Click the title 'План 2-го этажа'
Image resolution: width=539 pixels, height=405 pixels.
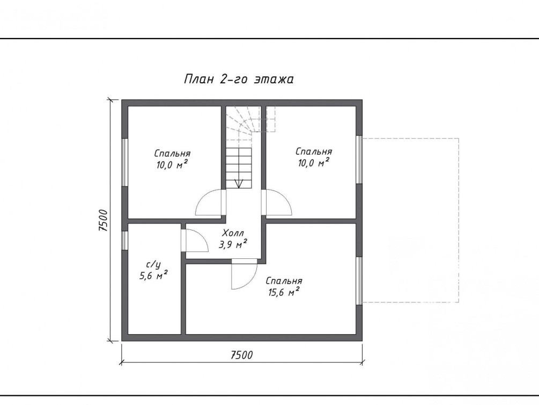(239, 79)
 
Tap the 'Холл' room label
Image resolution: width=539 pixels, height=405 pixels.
(233, 233)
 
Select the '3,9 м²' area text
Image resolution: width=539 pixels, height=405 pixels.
(233, 244)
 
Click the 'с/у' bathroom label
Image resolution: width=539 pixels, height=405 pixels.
(154, 265)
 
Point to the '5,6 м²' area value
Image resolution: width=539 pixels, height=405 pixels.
(154, 275)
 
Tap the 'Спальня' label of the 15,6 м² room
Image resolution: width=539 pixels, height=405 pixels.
(284, 281)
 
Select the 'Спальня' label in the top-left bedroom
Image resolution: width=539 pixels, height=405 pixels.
(172, 153)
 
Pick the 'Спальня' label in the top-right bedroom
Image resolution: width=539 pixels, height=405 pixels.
(314, 151)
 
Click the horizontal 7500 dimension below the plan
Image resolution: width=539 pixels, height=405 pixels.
(241, 355)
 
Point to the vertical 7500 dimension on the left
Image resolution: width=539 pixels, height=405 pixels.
(103, 220)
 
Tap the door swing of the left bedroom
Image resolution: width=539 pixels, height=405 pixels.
(210, 202)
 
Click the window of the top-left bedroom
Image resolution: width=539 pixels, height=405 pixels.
(125, 163)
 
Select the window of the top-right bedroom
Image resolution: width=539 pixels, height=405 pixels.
(359, 160)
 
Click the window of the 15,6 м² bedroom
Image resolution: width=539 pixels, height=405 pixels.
(359, 281)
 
